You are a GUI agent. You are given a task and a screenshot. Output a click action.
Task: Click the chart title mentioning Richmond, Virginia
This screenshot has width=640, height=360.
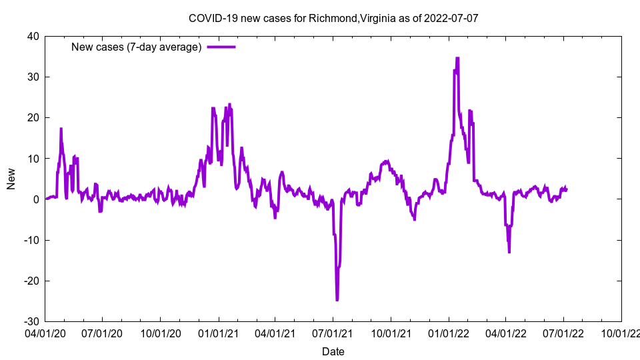tap(333, 18)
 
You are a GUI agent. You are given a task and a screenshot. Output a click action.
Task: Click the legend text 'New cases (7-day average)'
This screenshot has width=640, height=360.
tap(137, 47)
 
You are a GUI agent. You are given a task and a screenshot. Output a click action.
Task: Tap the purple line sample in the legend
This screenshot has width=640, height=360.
tap(221, 47)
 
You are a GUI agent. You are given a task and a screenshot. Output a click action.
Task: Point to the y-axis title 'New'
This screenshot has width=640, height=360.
tap(11, 178)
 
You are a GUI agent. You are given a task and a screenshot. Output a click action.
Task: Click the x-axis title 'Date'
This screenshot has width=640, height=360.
tap(333, 351)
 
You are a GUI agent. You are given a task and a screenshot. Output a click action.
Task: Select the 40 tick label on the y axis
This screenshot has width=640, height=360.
tap(33, 36)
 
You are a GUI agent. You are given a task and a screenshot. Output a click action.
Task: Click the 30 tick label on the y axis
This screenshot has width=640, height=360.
tap(33, 77)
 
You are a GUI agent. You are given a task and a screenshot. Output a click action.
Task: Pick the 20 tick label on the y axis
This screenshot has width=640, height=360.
tap(33, 117)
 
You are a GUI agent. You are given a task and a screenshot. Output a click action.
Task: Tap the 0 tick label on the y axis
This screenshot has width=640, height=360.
tap(36, 199)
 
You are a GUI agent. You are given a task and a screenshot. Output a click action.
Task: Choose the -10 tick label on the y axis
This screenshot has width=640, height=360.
tap(31, 240)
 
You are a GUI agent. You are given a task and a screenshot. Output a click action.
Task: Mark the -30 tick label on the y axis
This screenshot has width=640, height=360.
tap(31, 321)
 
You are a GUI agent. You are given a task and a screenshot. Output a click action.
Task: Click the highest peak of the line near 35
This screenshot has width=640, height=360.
tap(457, 58)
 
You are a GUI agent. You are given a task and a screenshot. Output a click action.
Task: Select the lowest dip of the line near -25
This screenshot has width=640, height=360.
tap(337, 299)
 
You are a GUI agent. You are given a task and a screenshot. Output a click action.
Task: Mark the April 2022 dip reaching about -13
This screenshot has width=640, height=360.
tap(509, 251)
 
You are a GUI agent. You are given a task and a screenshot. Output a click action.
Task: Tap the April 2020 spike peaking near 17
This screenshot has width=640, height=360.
tap(61, 129)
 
